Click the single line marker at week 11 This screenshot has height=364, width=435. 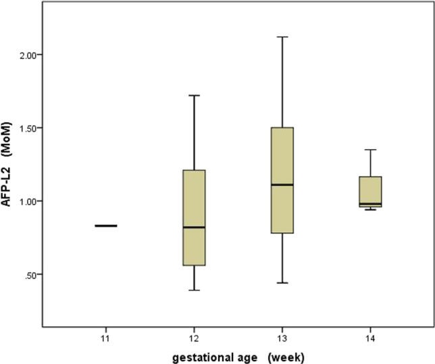pos(106,226)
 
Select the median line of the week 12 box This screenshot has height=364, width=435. pos(195,227)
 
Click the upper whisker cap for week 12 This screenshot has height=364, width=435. pos(195,95)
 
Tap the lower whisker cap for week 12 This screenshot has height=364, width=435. pos(195,290)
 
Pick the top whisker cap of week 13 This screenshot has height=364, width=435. pos(282,36)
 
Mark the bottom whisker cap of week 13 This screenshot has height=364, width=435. pos(282,283)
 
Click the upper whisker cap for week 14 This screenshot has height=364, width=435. pos(371,149)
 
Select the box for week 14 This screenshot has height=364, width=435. pos(371,189)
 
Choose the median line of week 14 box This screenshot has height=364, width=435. pos(371,204)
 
